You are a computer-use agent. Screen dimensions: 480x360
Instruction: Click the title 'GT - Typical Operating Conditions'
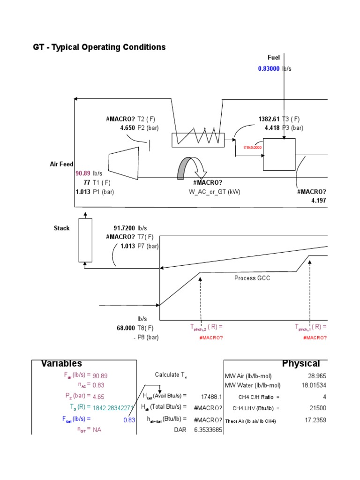pos(99,47)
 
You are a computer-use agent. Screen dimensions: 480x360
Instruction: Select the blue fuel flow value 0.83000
pos(269,68)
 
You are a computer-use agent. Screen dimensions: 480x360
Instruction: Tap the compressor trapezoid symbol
pos(123,163)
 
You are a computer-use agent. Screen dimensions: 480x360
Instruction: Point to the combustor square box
pos(279,154)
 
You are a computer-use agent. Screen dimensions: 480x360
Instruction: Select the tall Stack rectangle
pos(85,239)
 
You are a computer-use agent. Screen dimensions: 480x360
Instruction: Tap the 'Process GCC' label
pos(252,278)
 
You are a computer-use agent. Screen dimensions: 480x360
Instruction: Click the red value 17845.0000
pos(252,147)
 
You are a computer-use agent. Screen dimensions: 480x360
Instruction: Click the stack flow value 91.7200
pos(124,228)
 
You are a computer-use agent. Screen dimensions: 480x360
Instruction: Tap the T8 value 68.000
pos(128,328)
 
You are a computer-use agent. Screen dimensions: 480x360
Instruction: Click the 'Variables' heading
pos(61,364)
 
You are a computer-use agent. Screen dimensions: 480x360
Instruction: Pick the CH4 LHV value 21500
pos(317,408)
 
